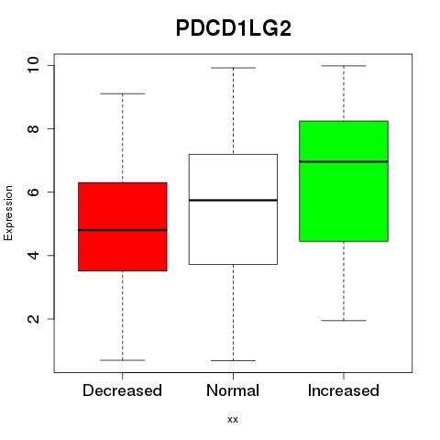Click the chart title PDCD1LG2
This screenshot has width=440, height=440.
pos(234,28)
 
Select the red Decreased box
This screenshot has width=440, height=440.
pos(123,226)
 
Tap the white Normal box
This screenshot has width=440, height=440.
pos(233,209)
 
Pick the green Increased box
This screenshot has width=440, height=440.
pos(344,181)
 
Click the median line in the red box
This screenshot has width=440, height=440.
pos(123,230)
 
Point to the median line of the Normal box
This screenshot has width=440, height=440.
pos(233,200)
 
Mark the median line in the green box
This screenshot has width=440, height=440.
pos(344,161)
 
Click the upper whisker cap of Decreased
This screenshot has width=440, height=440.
pos(123,93)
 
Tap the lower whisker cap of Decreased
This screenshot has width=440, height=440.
pos(123,360)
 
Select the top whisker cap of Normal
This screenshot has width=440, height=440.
pos(233,68)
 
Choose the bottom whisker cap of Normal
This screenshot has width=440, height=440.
pos(233,361)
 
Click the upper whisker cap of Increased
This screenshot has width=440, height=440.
pos(344,66)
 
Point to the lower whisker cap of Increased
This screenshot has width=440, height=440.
pos(344,321)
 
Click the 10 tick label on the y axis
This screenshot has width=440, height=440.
pos(34,65)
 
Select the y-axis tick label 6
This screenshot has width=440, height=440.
pos(34,192)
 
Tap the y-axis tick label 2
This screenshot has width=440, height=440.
pos(34,319)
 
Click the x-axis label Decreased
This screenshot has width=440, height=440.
pos(122,390)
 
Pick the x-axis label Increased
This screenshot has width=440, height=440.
pos(344,390)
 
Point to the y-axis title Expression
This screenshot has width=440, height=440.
pos(8,213)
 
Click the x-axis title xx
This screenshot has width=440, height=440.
pos(233,420)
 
